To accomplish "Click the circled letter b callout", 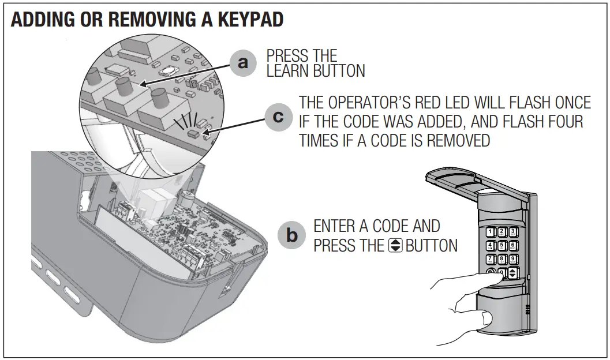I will (293, 235).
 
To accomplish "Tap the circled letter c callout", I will (278, 117).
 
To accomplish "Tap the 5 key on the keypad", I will (502, 246).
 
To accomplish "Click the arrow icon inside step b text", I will (395, 245).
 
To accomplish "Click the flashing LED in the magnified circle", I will (193, 133).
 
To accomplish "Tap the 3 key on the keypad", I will (512, 233).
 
